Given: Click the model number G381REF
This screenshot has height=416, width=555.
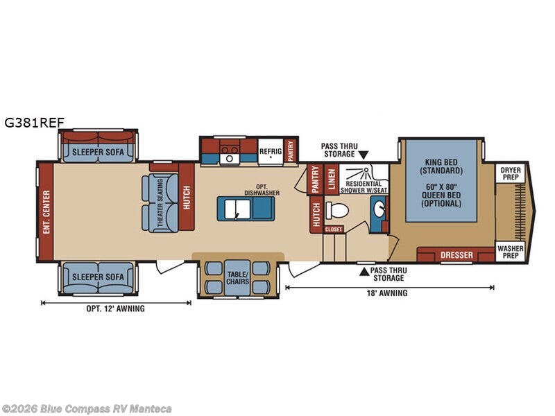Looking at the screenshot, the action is [34, 123].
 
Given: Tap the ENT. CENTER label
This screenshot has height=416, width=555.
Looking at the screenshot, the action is [46, 212].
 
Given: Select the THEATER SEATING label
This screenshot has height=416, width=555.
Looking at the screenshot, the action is [160, 202].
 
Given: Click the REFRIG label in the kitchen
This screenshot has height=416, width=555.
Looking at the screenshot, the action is [271, 151].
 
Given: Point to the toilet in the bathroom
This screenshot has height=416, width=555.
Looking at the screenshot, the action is [336, 210].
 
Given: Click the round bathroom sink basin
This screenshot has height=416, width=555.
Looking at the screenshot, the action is [379, 209].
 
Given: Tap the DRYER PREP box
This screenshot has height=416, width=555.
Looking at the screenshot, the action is [511, 173].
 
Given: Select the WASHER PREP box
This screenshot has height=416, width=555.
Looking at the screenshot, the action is [510, 252].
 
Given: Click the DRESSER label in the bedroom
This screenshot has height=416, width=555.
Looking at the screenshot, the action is [456, 254].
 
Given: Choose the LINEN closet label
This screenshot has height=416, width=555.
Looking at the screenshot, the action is [332, 180].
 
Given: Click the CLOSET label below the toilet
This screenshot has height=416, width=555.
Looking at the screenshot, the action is [334, 229].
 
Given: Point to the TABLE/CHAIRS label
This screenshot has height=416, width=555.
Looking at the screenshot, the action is [238, 278].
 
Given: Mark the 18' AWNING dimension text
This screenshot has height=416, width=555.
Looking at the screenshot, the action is [387, 293].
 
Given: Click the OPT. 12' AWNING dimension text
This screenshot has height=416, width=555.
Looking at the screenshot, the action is [115, 309].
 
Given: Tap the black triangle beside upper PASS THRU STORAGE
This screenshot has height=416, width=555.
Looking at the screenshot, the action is [364, 155].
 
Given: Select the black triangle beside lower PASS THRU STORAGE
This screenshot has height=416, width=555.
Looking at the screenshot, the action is [364, 272].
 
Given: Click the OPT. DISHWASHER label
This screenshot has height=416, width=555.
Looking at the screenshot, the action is [262, 189].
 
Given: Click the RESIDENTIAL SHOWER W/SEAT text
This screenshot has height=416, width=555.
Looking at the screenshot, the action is [364, 187].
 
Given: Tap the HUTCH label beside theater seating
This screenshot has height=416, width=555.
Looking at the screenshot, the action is [187, 198].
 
